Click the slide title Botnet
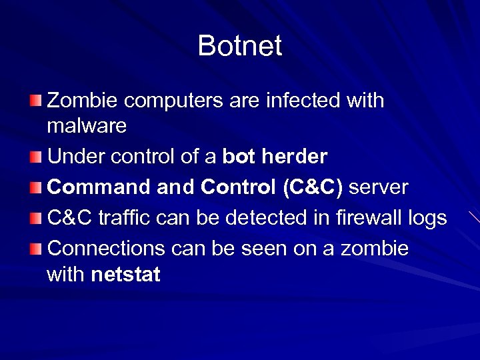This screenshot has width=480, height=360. coord(240,46)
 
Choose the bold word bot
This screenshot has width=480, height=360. coord(237,157)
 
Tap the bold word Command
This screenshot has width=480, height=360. coord(99,187)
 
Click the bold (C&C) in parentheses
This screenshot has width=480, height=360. coord(312,187)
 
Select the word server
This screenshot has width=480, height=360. coord(378,187)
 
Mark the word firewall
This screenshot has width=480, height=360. coord(359,218)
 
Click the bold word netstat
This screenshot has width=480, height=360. coord(125,274)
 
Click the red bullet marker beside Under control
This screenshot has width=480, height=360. coord(35,157)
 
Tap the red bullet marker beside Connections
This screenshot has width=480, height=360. coord(35,249)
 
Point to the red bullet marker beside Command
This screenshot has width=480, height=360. coord(35,187)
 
